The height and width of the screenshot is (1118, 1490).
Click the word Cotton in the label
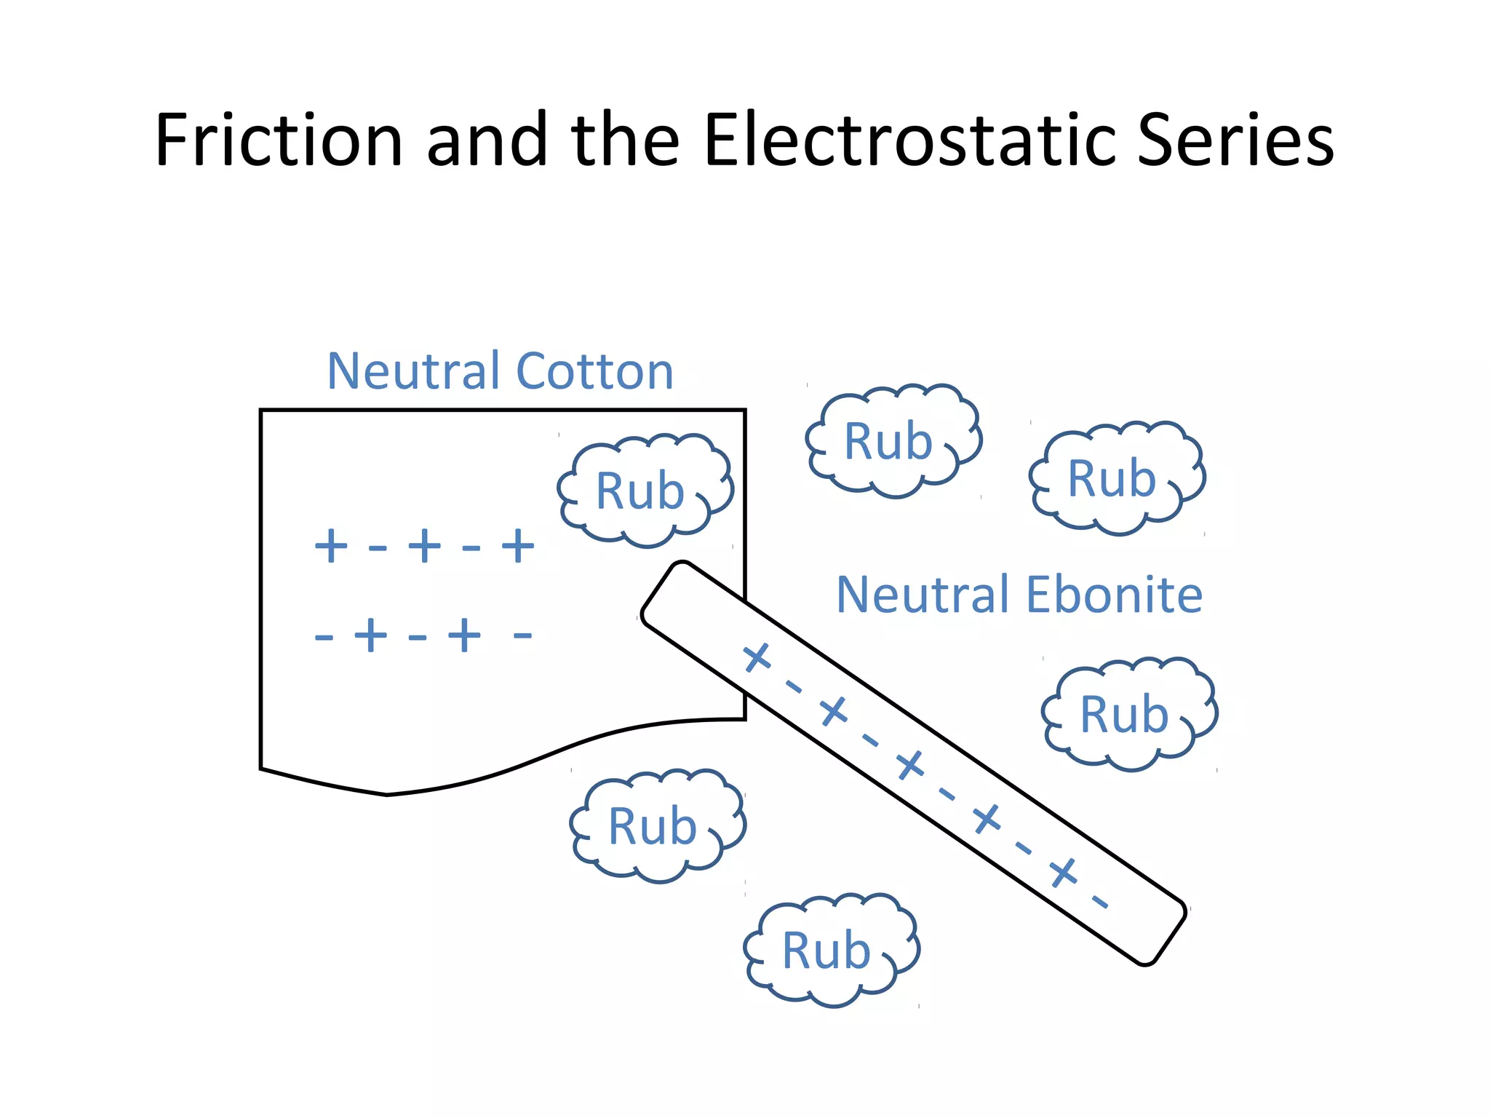594,371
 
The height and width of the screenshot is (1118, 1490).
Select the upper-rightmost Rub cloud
1115,478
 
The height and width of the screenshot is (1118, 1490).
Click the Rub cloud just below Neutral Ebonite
1128,714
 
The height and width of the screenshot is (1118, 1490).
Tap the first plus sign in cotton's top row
330,546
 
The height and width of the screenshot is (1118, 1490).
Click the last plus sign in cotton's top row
518,546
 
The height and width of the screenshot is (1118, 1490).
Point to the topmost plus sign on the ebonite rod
757,657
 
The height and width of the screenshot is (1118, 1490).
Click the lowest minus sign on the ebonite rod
1100,903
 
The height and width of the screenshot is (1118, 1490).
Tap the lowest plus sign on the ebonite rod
1063,872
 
